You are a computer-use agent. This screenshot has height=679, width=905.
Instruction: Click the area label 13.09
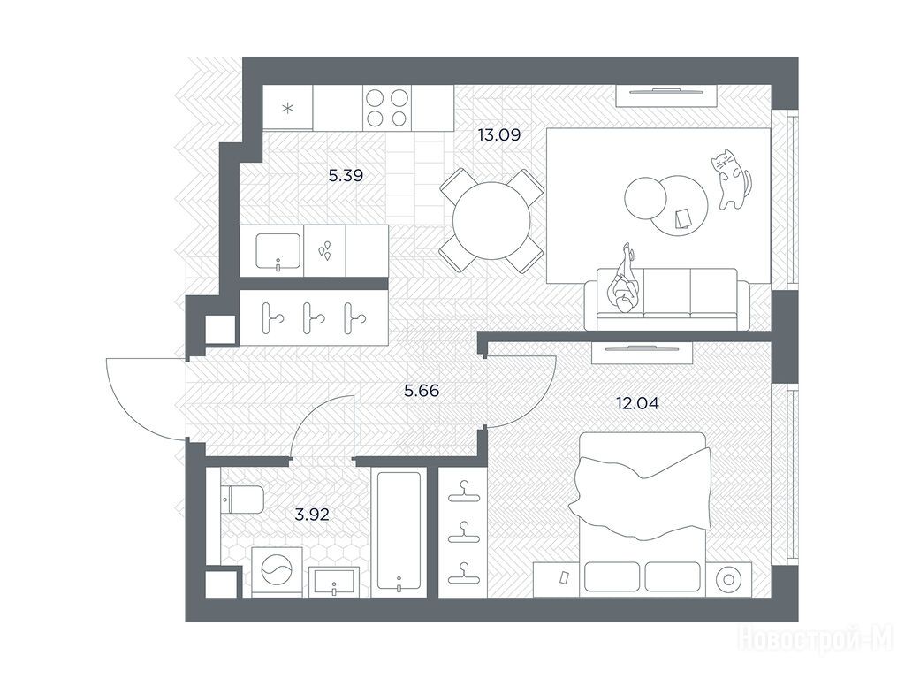[x=499, y=135]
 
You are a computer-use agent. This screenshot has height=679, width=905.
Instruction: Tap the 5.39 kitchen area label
[x=346, y=175]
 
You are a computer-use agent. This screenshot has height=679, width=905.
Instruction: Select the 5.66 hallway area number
[x=422, y=391]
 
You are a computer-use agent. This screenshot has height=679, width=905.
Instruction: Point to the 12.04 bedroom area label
[x=637, y=403]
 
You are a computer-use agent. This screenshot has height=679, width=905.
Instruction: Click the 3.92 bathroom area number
[x=312, y=514]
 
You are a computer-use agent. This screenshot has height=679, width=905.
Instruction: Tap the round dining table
[x=491, y=220]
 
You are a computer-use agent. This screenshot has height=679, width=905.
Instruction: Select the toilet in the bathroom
[x=243, y=499]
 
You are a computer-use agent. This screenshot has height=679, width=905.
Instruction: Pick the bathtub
[x=399, y=531]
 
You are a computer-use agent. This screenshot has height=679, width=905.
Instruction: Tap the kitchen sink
[x=278, y=251]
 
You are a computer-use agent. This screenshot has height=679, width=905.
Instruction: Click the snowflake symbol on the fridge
[x=287, y=108]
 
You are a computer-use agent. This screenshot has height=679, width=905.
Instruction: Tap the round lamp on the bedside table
[x=727, y=579]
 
